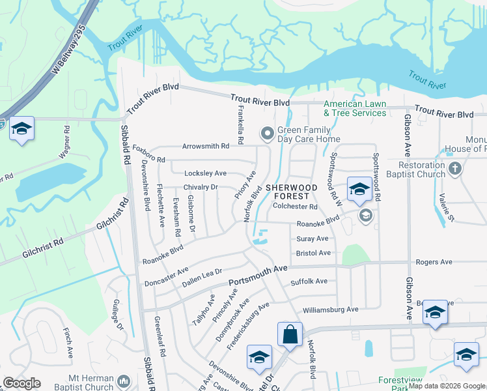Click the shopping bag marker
coord(290,335)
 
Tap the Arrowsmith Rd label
coord(206,147)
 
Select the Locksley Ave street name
coord(206,173)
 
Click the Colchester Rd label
coord(295,207)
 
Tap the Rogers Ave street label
coord(434,262)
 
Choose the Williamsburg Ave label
coord(330,309)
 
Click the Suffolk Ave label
coord(309,282)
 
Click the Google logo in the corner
coord(22,383)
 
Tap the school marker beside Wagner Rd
coord(21,130)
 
